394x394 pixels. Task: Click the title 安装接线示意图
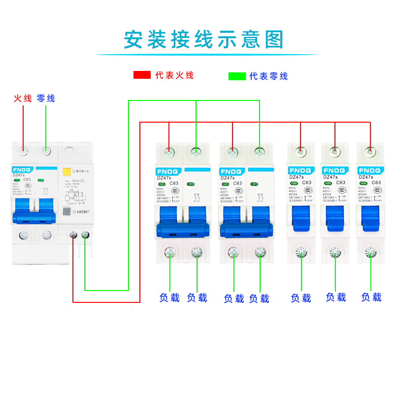click(x=203, y=39)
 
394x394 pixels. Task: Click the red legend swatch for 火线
click(x=142, y=75)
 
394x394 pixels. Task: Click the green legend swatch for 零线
click(x=237, y=76)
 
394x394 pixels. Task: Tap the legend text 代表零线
click(x=268, y=76)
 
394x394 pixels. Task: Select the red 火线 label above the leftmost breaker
click(x=23, y=98)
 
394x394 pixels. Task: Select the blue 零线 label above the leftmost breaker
click(x=46, y=98)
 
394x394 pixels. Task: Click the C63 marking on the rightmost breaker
click(x=376, y=183)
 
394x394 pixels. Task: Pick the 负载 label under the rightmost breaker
click(x=371, y=297)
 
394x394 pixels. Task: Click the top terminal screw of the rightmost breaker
click(x=370, y=151)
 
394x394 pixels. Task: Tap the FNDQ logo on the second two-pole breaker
click(x=232, y=170)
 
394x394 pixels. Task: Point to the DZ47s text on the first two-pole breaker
click(x=164, y=178)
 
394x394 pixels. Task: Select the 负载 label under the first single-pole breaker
click(x=301, y=298)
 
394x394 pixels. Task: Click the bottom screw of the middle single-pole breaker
click(x=335, y=252)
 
